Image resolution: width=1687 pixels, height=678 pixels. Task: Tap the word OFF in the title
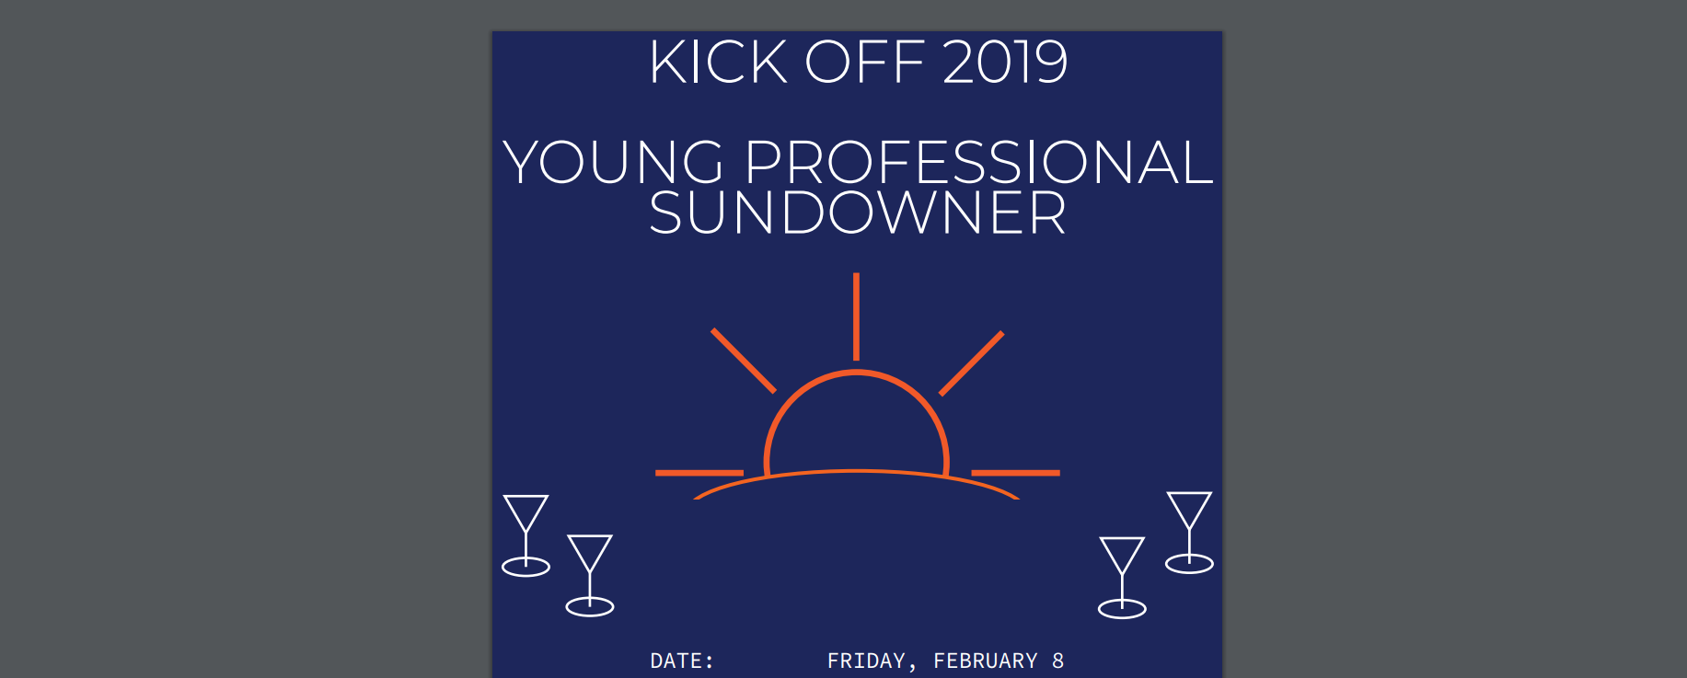[x=865, y=63]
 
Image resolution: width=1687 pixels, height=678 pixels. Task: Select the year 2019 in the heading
[x=1005, y=63]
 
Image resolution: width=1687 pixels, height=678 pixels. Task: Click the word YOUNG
[x=614, y=162]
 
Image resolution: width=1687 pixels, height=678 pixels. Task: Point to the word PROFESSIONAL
[x=979, y=162]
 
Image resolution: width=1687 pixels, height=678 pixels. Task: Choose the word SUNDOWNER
[x=858, y=213]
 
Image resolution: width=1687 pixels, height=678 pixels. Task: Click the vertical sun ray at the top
[x=856, y=316]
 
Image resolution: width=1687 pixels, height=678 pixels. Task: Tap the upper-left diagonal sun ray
[x=744, y=360]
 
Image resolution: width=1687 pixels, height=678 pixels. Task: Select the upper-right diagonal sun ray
[x=971, y=362]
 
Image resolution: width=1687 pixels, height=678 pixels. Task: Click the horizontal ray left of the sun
[x=699, y=473]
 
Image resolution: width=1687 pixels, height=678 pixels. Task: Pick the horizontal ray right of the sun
[x=1016, y=473]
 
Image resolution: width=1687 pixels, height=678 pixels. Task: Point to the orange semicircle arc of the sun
[x=856, y=372]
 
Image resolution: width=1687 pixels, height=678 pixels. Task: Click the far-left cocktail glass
[x=526, y=535]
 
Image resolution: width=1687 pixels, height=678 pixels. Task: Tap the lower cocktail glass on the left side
[x=590, y=575]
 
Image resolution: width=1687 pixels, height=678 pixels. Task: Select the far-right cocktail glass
[x=1189, y=533]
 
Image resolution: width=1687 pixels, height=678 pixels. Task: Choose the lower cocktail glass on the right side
[x=1122, y=578]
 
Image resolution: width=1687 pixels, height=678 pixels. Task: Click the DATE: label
[x=682, y=661]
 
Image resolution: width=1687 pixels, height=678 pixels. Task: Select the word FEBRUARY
[x=986, y=661]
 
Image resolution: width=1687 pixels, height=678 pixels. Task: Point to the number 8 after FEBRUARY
[x=1058, y=661]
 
